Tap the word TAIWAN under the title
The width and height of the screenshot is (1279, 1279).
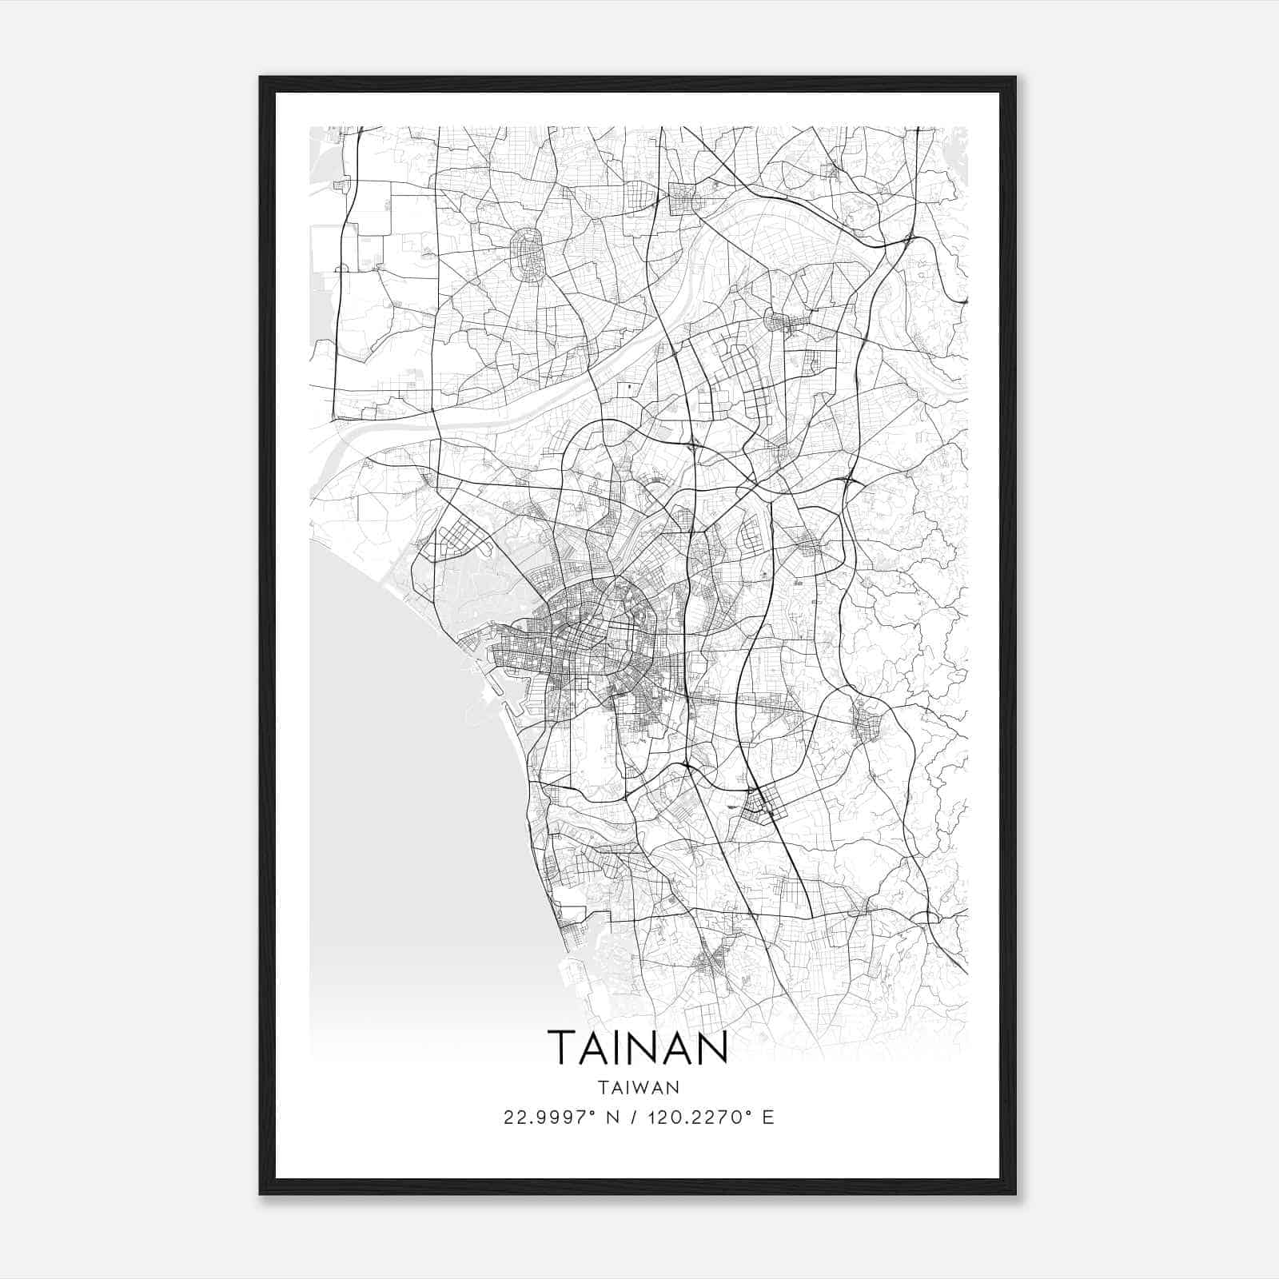point(637,1088)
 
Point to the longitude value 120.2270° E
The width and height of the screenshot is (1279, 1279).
point(703,1118)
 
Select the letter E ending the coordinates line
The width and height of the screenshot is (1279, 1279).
point(768,1118)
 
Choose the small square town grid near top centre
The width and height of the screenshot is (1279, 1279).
point(684,198)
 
